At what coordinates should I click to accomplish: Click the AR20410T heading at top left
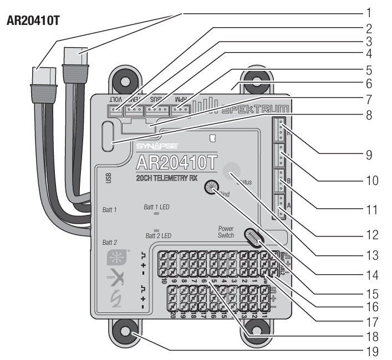(33, 28)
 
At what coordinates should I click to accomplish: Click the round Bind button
(211, 188)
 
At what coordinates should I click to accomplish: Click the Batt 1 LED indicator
(157, 213)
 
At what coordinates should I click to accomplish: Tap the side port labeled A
(281, 204)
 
